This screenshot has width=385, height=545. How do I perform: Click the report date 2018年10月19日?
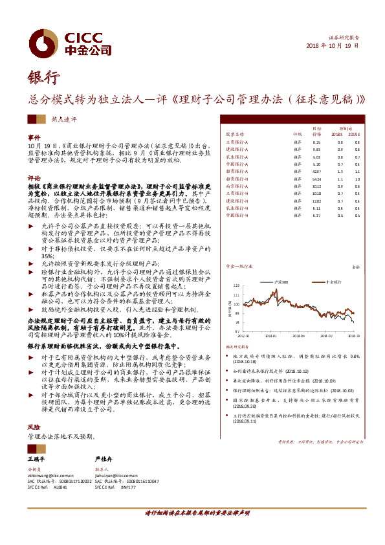331,47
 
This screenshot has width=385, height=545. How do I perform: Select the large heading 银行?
43,78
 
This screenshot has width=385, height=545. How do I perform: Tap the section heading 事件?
33,138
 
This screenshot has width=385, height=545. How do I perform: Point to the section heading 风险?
33,428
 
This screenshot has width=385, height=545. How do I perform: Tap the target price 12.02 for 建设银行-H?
316,201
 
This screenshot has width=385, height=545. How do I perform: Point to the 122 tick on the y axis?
237,285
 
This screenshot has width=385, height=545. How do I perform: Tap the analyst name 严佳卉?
104,458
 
